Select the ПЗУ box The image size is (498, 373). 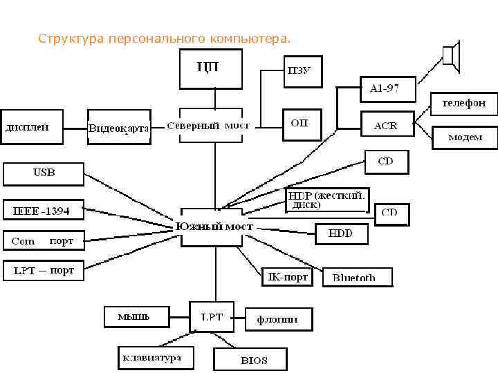pos(303,71)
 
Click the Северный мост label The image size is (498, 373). pos(208,126)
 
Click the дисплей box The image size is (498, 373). pos(33,126)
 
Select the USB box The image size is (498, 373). pos(44,173)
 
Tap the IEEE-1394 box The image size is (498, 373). pos(43,210)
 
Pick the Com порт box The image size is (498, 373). pos(43,241)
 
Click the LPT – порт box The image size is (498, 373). pos(44,270)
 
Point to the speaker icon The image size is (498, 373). pos(451,55)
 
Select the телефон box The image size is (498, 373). pos(463,103)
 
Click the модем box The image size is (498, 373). pos(465,137)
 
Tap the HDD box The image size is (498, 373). pos(341,234)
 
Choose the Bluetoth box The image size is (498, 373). pos(357,277)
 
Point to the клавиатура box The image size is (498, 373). pos(153,358)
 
